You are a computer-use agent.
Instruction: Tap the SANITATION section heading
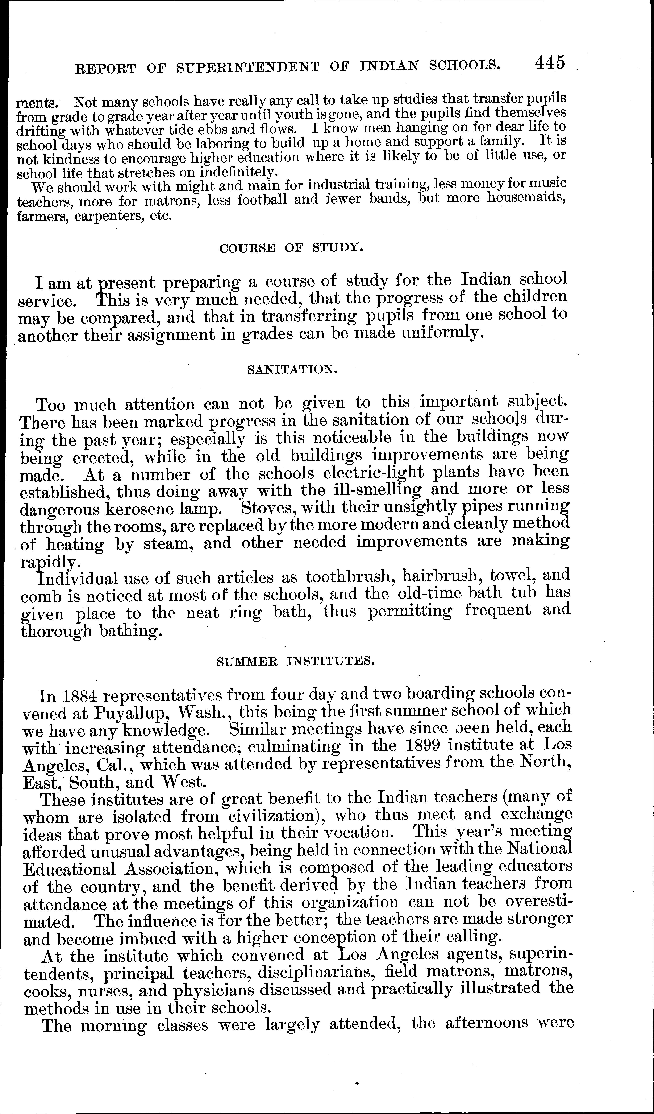pos(292,369)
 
